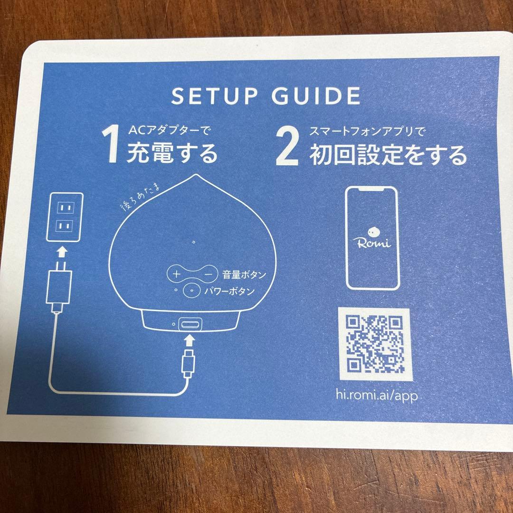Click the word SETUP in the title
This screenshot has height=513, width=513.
click(x=213, y=96)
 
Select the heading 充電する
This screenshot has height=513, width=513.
click(x=172, y=153)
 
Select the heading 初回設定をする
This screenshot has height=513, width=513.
click(x=388, y=154)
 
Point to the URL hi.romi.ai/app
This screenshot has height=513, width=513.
click(x=377, y=396)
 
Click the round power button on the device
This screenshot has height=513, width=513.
click(x=191, y=290)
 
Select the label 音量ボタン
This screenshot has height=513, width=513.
click(x=244, y=275)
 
